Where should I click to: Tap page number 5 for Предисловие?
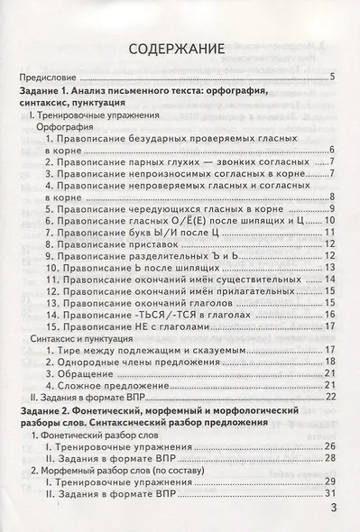pos(333,78)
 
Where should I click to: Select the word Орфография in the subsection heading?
pos(67,129)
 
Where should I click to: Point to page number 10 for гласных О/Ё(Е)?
pos(330,219)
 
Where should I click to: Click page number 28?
pos(330,459)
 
